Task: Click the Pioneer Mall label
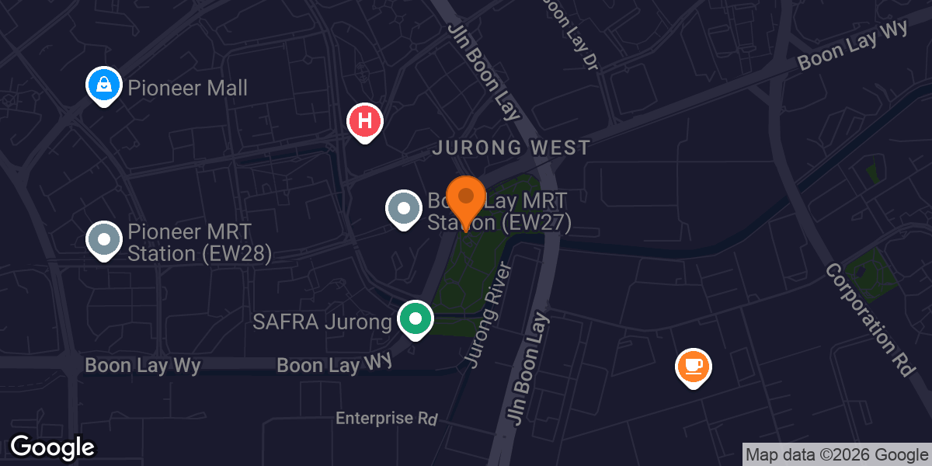point(187,88)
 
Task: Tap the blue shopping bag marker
point(103,85)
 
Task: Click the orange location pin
point(466,200)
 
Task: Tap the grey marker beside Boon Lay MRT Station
point(403,209)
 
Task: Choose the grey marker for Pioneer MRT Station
point(103,240)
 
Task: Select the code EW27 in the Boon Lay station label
point(536,223)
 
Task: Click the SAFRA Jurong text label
point(322,322)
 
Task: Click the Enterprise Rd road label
point(387,419)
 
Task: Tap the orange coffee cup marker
point(694,367)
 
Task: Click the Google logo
point(52,447)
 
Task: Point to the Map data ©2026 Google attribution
point(837,455)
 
